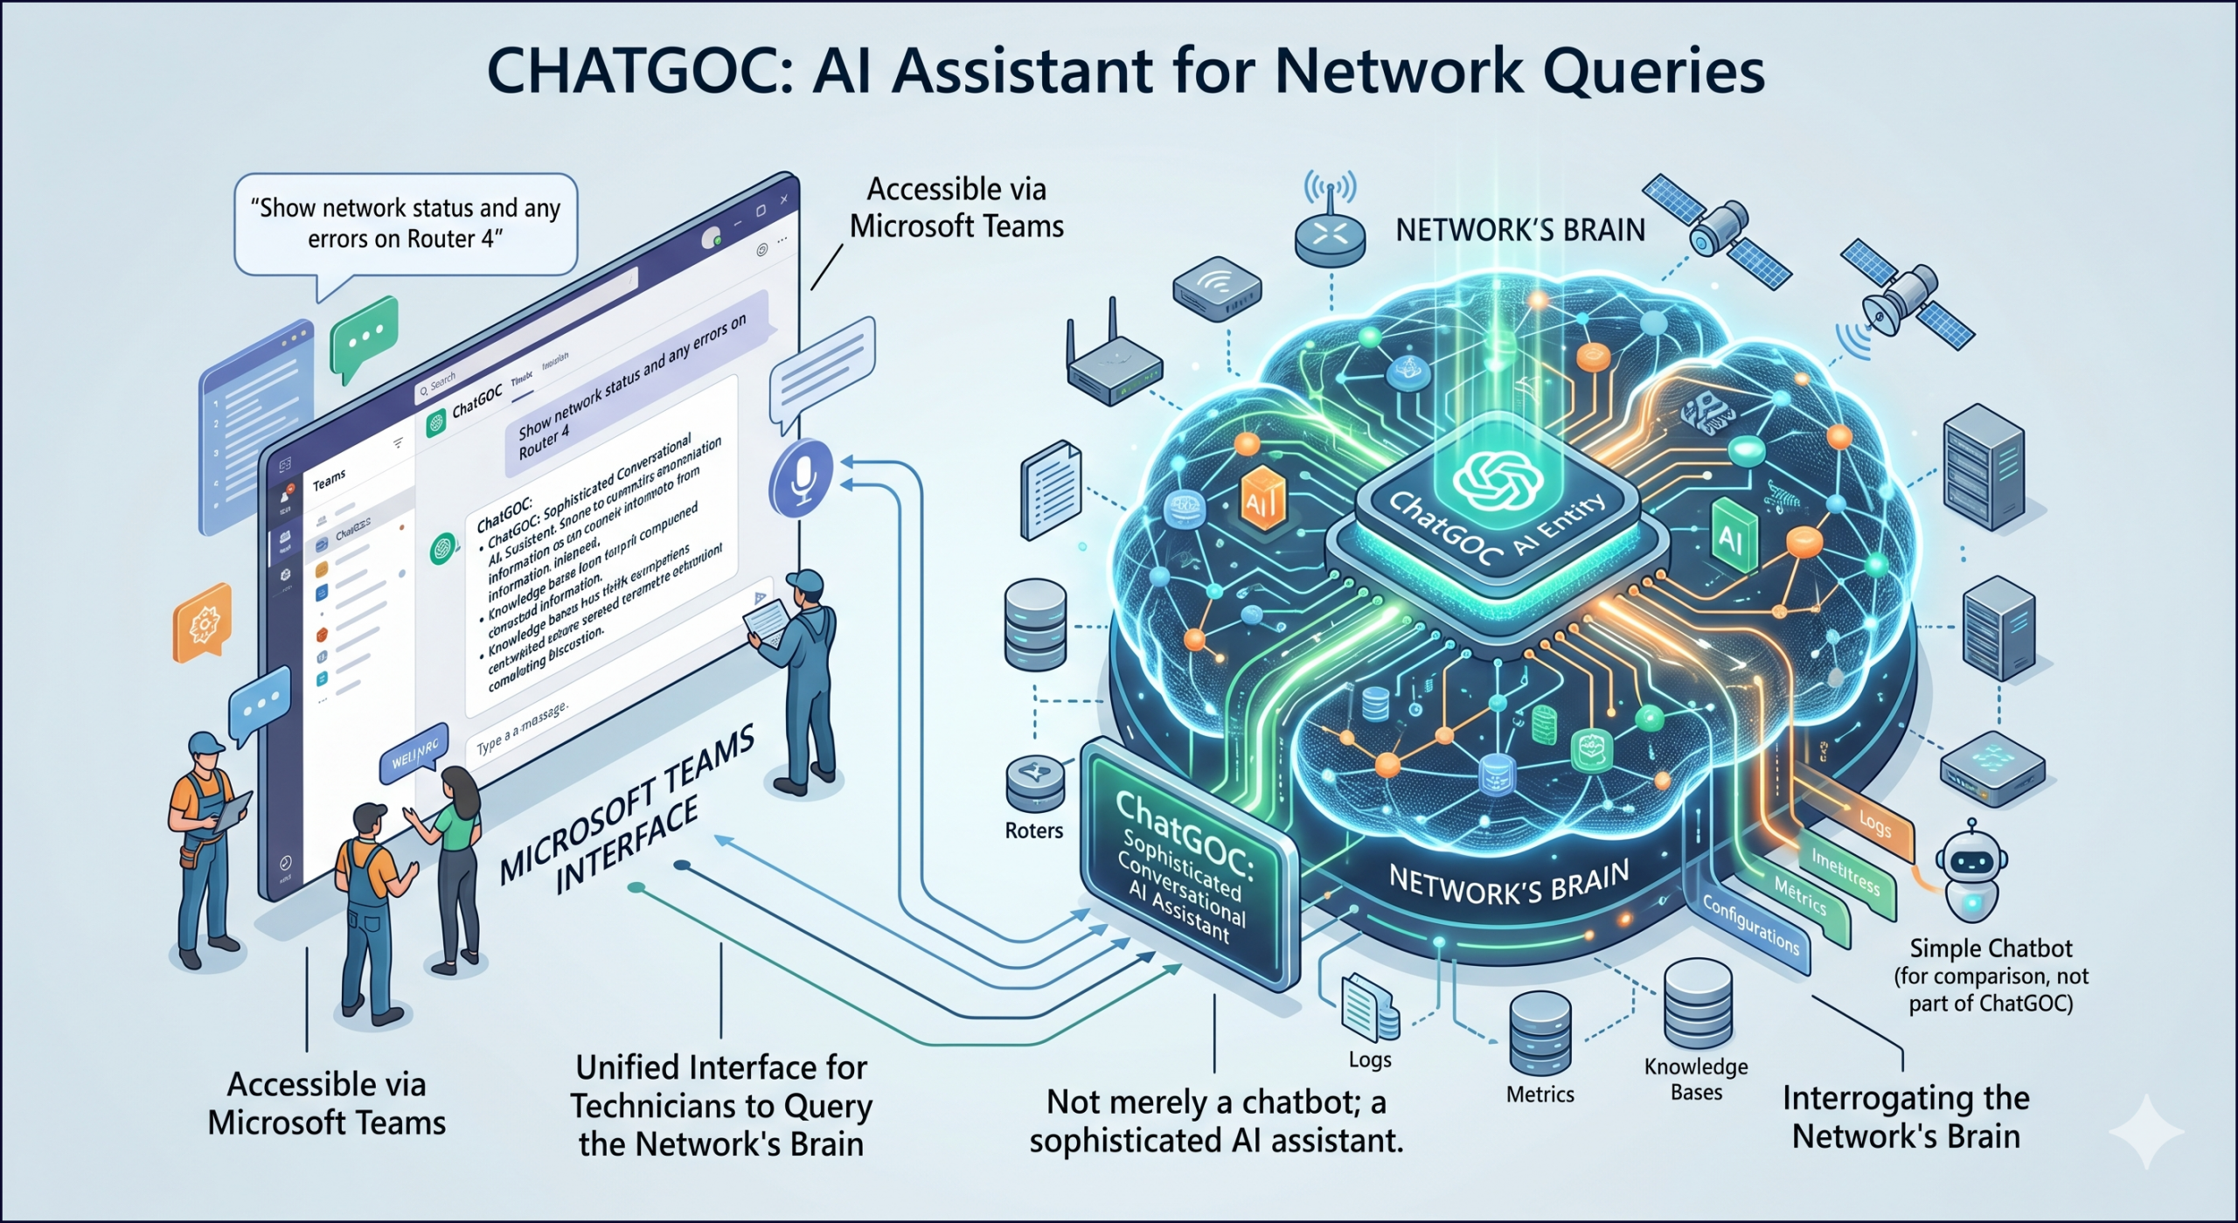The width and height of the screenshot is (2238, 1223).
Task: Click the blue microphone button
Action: [x=800, y=477]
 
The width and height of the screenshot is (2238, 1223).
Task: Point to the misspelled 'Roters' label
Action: [x=1033, y=830]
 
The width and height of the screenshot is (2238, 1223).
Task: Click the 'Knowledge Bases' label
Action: [x=1696, y=1079]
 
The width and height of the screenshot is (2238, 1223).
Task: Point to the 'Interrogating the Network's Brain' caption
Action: [x=1906, y=1116]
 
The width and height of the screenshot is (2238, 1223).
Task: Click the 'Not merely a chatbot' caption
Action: [x=1216, y=1121]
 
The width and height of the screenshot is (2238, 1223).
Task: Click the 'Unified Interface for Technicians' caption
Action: [x=721, y=1105]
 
